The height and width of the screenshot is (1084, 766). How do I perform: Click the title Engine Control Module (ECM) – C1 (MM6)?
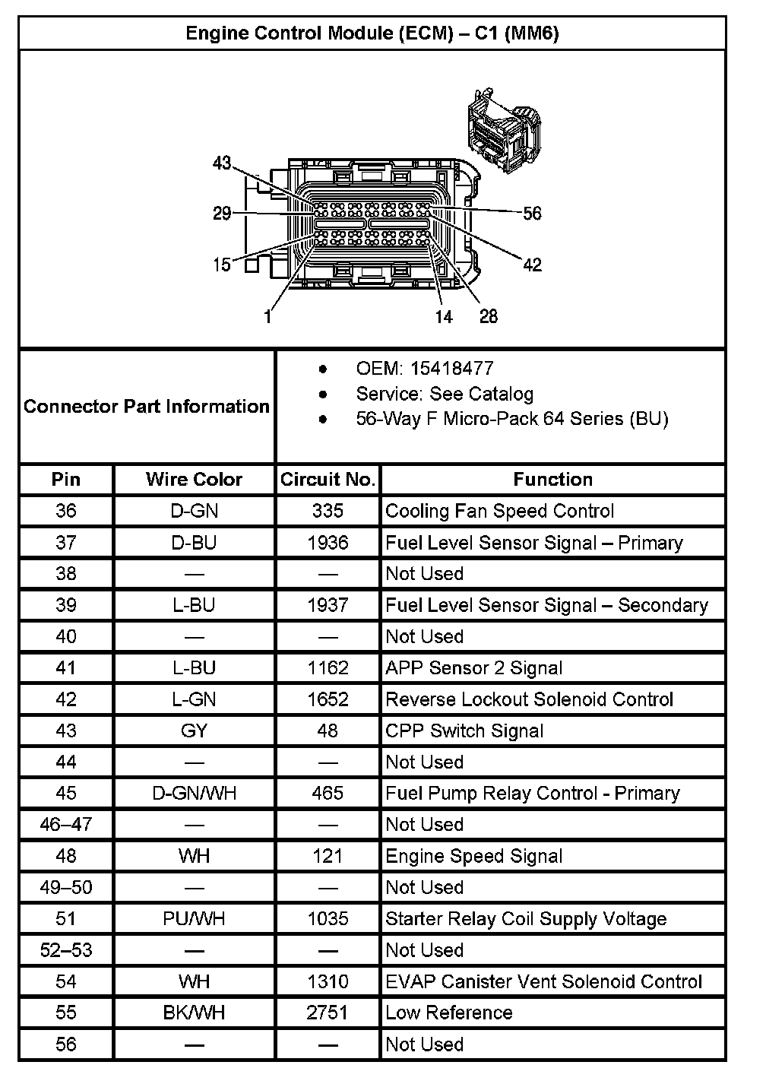pos(372,33)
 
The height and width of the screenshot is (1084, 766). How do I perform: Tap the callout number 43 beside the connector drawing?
pos(222,163)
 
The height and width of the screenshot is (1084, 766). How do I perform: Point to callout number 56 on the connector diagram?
pos(533,214)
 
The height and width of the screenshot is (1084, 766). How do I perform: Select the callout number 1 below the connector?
pos(267,317)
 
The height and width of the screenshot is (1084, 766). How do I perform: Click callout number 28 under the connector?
pos(489,316)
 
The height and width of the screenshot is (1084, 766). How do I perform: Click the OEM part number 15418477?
pos(451,369)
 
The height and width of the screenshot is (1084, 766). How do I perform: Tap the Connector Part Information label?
pos(147,406)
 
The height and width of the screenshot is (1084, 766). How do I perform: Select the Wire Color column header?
pos(194,480)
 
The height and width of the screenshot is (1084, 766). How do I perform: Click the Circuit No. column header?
pos(328,480)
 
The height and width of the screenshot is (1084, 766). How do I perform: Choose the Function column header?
pos(552,480)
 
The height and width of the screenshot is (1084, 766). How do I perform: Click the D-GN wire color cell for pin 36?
pos(194,511)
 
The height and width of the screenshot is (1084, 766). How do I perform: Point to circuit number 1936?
pos(328,543)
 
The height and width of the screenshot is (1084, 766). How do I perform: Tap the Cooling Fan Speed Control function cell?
pos(499,511)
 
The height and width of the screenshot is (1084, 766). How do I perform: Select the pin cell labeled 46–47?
pos(66,825)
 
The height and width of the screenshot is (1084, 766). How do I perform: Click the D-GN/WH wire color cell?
pos(194,794)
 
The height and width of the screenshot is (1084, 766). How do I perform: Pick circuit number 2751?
pos(328,1013)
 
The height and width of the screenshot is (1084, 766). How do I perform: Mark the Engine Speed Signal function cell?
pos(473,857)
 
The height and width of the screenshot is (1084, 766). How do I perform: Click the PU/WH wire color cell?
pos(194,919)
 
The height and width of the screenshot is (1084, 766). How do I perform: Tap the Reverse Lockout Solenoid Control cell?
pos(529,699)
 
